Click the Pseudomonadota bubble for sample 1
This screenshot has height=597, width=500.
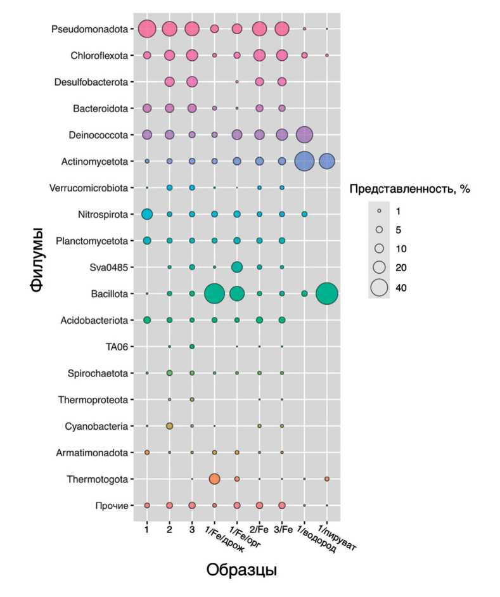147,29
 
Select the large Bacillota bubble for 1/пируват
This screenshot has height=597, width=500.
327,293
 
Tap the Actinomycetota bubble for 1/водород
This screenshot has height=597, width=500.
304,161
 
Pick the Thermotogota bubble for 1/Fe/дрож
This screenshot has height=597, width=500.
214,478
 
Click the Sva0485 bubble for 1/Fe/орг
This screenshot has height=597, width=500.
237,267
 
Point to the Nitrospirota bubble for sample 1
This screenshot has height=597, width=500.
147,214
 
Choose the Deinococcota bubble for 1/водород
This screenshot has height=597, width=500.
304,134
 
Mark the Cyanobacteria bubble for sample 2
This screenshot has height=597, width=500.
169,426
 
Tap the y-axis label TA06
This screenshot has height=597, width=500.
117,347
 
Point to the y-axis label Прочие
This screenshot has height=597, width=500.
115,505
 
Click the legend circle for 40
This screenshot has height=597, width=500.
380,288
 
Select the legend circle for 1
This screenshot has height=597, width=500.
380,210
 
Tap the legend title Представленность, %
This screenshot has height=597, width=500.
410,188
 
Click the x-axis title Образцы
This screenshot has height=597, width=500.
241,569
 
